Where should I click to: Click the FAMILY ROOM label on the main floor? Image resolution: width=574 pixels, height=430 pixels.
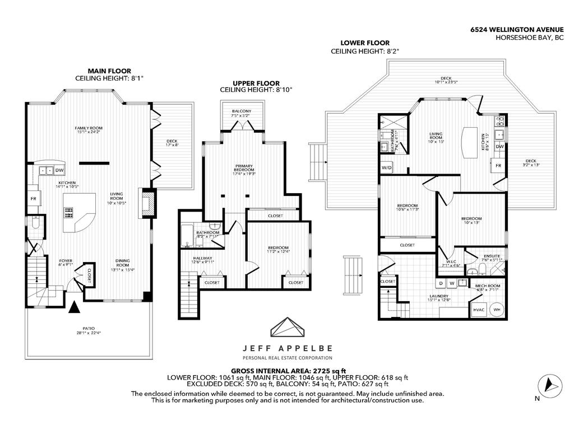(89, 128)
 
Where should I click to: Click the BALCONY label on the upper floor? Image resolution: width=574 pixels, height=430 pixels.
(242, 111)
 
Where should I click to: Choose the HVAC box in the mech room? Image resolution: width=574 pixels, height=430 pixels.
(478, 310)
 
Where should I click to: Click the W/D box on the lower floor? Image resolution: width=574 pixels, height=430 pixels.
(387, 167)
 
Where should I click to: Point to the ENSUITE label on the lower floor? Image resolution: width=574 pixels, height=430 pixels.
(492, 256)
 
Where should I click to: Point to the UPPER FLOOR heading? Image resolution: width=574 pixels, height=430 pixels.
(256, 82)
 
